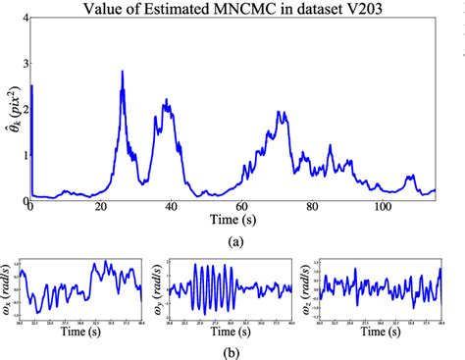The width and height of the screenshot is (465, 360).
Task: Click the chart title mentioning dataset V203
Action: point(232,11)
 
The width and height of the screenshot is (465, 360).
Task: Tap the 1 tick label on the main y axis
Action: point(22,155)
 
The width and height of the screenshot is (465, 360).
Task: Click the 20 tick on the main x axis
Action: point(100,208)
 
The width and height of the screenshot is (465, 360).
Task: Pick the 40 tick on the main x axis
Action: point(171,208)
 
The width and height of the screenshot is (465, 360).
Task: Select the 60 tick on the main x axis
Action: point(241,208)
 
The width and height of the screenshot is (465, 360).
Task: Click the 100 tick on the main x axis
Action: point(382,208)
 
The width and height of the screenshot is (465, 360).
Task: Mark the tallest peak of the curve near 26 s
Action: point(122,72)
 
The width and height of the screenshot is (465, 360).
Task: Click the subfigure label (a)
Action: point(233,238)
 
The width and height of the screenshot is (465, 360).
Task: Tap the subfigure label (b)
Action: point(233,349)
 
